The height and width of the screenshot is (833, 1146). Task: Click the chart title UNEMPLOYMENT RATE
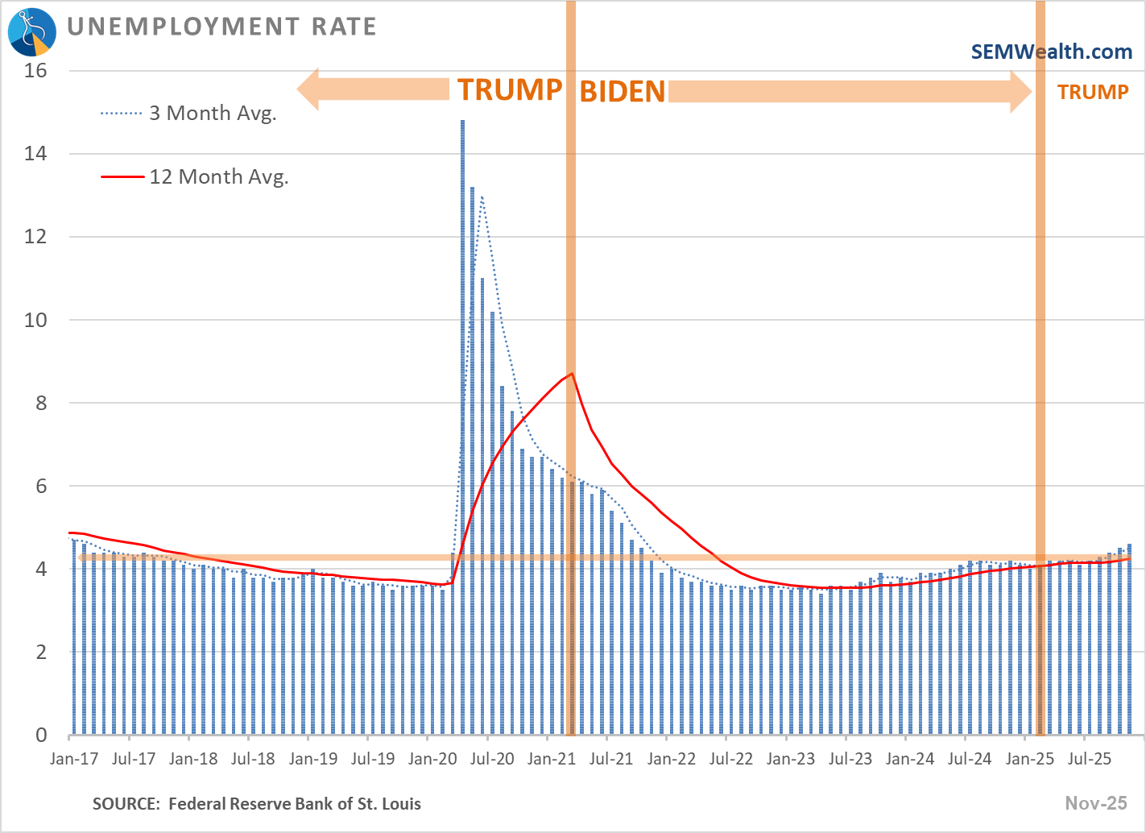pyautogui.click(x=221, y=27)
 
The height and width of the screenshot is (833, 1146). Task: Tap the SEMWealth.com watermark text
pyautogui.click(x=1051, y=52)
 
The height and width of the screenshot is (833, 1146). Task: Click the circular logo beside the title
pyautogui.click(x=32, y=31)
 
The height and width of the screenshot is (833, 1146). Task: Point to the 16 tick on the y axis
pyautogui.click(x=36, y=71)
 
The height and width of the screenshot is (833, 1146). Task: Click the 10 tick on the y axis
pyautogui.click(x=36, y=320)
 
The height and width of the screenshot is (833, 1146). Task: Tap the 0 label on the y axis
pyautogui.click(x=41, y=735)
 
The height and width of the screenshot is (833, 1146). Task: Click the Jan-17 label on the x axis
pyautogui.click(x=74, y=758)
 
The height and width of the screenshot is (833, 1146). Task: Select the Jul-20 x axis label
pyautogui.click(x=491, y=758)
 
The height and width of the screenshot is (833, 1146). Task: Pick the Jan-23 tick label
pyautogui.click(x=790, y=758)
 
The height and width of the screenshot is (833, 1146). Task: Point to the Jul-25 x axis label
pyautogui.click(x=1089, y=758)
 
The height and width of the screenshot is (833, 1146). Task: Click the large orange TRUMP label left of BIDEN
pyautogui.click(x=509, y=90)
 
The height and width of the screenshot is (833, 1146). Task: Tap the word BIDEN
pyautogui.click(x=623, y=92)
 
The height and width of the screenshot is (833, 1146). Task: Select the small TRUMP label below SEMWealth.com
pyautogui.click(x=1093, y=92)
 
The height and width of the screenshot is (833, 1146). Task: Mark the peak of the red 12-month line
pyautogui.click(x=570, y=374)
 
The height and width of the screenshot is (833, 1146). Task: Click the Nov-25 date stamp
pyautogui.click(x=1096, y=802)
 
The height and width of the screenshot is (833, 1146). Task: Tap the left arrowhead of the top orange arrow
pyautogui.click(x=310, y=89)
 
